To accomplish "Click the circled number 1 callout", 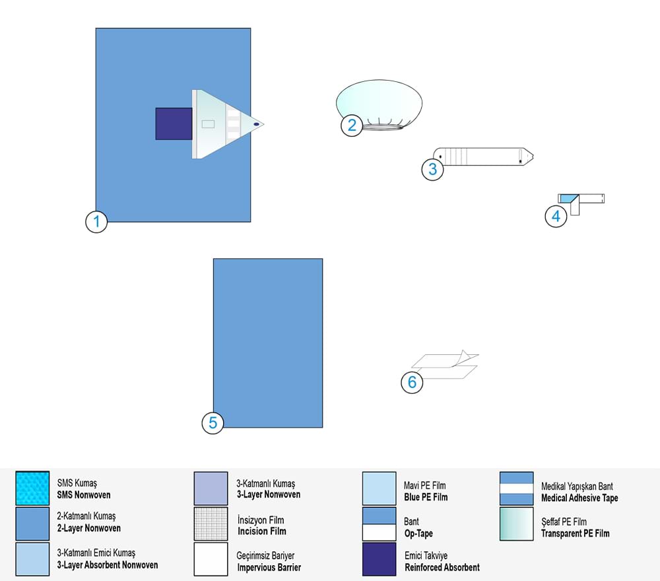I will click(x=96, y=222).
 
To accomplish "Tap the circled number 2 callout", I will click(x=352, y=125).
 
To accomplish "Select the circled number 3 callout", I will click(x=433, y=169).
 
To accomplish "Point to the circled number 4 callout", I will click(x=556, y=217).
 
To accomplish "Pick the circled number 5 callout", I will click(x=213, y=422).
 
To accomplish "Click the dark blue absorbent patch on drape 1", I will click(x=174, y=124).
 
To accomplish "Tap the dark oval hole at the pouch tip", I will click(x=256, y=124).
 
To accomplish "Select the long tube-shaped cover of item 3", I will click(x=485, y=157).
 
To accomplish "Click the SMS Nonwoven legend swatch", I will click(x=32, y=488).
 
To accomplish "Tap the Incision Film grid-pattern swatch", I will click(x=211, y=523).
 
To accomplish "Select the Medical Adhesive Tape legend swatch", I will click(x=516, y=488).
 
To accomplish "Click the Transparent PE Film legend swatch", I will click(x=516, y=524).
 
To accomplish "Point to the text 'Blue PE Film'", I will click(x=425, y=497).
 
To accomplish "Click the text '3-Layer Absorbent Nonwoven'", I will click(x=108, y=565).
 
